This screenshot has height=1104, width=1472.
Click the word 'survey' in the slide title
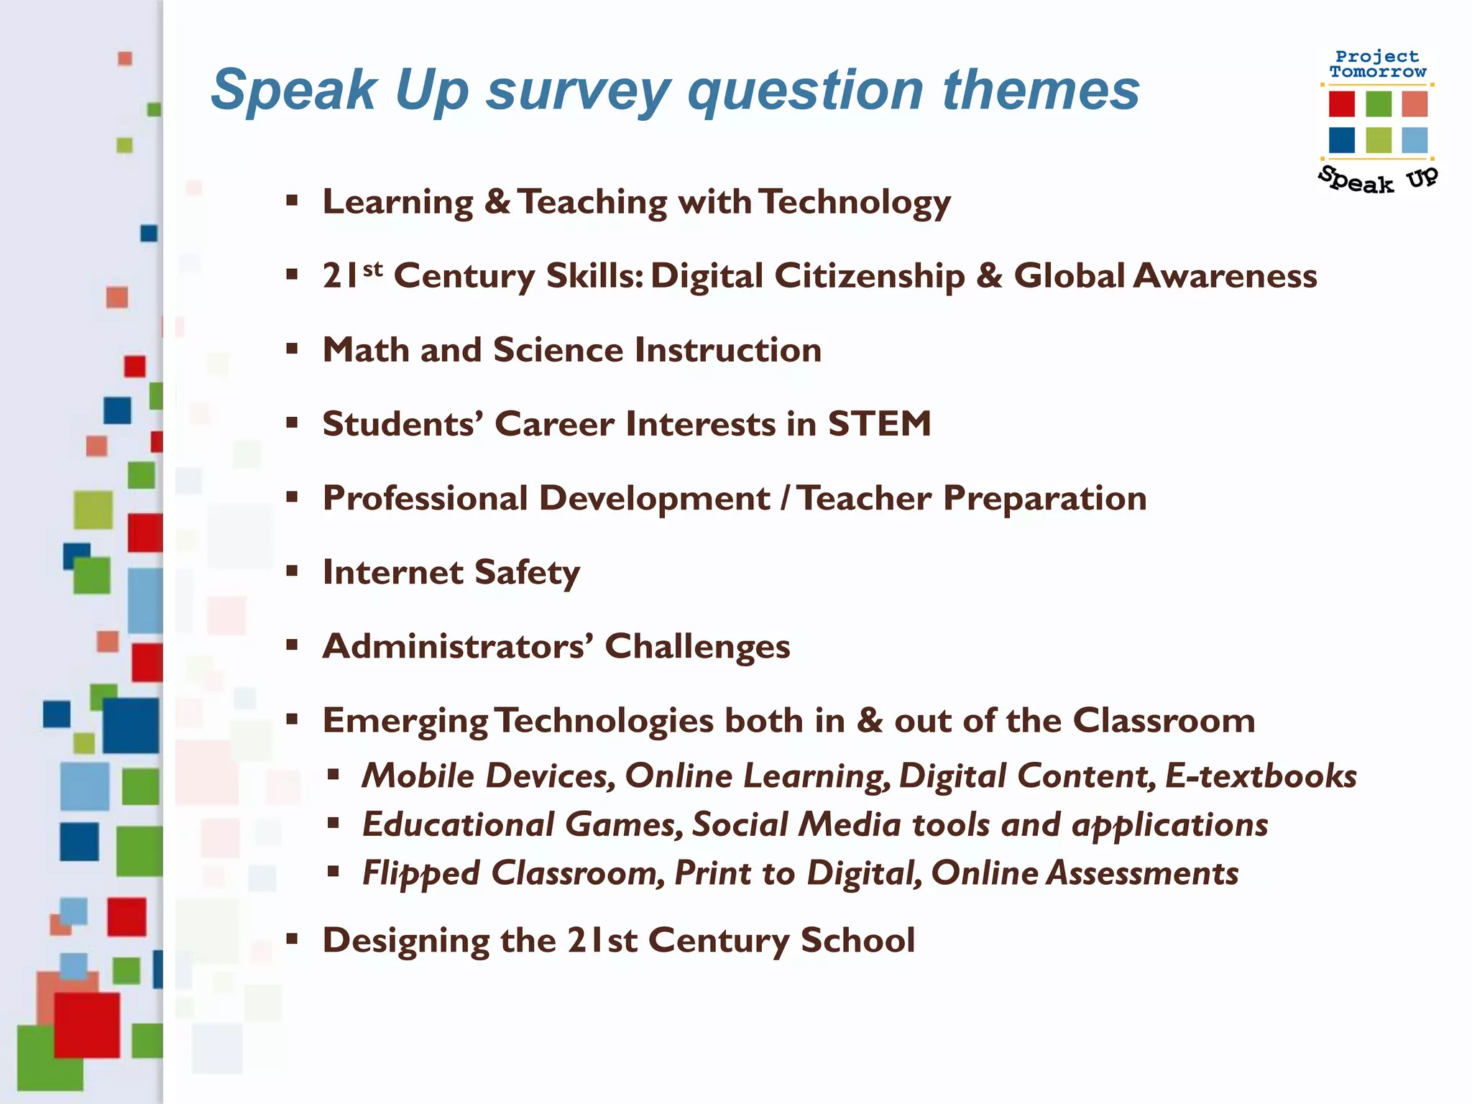[579, 91]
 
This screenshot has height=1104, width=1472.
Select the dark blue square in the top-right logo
[1341, 140]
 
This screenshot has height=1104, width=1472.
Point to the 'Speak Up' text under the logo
[1377, 180]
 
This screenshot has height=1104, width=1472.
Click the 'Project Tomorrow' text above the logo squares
[1377, 64]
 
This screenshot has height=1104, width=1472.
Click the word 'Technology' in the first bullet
[855, 202]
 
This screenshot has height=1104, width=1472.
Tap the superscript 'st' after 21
[373, 270]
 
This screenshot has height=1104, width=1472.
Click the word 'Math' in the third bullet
[365, 350]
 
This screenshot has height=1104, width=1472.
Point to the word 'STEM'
[879, 424]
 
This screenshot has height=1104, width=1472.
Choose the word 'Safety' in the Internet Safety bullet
[527, 573]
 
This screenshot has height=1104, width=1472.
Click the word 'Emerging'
[405, 721]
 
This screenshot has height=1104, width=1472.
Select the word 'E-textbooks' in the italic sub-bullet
[1261, 776]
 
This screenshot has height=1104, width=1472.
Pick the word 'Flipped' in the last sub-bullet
[420, 873]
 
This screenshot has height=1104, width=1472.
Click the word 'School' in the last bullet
[857, 941]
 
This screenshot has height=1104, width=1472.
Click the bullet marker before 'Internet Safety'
[292, 572]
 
